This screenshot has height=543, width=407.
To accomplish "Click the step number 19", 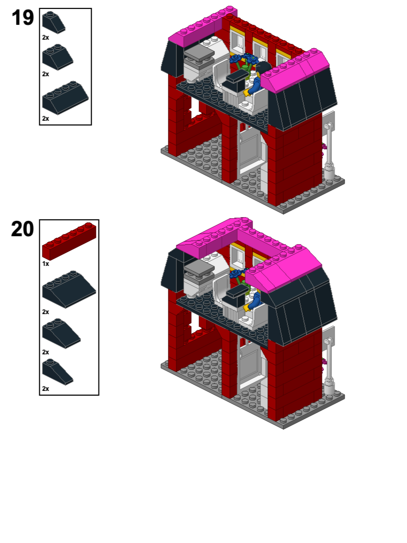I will (x=23, y=19).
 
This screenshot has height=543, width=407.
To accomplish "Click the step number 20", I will (x=23, y=229).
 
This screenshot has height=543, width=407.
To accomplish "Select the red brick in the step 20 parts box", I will (x=69, y=241).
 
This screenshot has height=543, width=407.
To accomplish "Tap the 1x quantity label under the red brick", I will (x=46, y=263).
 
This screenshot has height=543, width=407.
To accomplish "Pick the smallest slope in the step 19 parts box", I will (x=53, y=22).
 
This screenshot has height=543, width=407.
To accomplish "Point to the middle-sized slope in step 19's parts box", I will (x=57, y=57).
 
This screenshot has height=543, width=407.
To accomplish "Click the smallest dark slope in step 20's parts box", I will (x=57, y=370).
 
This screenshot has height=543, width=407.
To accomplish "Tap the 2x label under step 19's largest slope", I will (x=46, y=119).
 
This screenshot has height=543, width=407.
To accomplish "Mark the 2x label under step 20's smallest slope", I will (x=46, y=389).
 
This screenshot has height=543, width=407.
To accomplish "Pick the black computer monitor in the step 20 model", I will (x=237, y=293).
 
